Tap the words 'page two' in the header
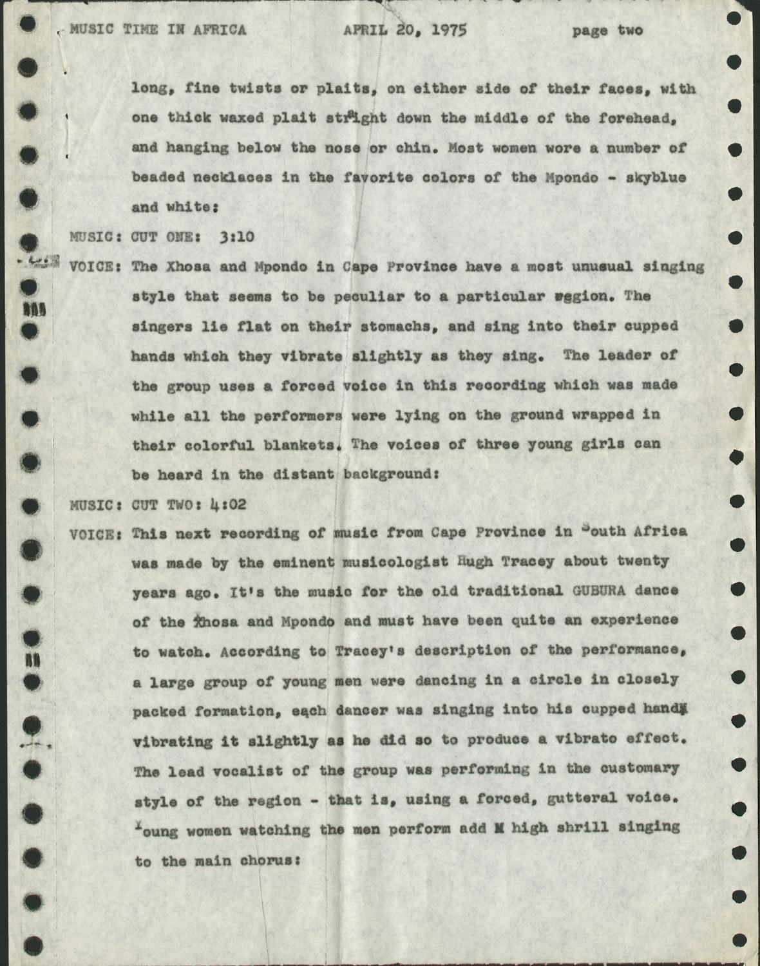point(607,30)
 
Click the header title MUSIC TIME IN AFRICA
point(158,30)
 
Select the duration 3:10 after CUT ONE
point(237,237)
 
